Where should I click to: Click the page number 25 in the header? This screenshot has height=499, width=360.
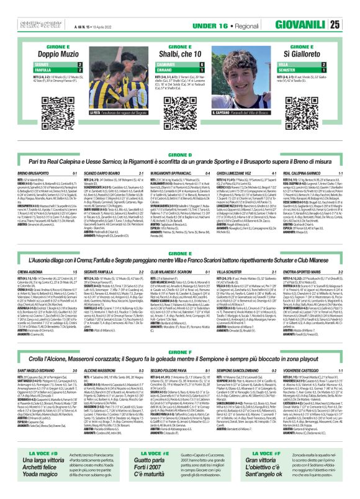coord(351,25)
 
